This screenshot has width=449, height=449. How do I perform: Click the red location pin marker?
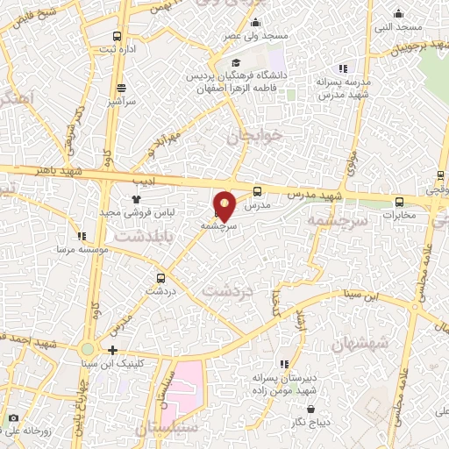(x=225, y=205)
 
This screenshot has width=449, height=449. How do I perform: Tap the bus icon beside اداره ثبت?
(x=118, y=37)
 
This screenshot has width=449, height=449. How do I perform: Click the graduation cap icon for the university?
(x=234, y=62)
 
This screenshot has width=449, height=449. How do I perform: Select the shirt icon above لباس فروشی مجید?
(x=137, y=200)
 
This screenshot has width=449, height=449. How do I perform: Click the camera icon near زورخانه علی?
(x=12, y=418)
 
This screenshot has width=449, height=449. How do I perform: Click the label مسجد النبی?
(x=399, y=26)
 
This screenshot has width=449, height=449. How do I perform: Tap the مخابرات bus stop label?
(x=399, y=215)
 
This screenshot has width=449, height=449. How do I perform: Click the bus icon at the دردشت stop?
(x=158, y=274)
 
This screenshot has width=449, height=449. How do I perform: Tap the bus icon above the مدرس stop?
(x=257, y=190)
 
